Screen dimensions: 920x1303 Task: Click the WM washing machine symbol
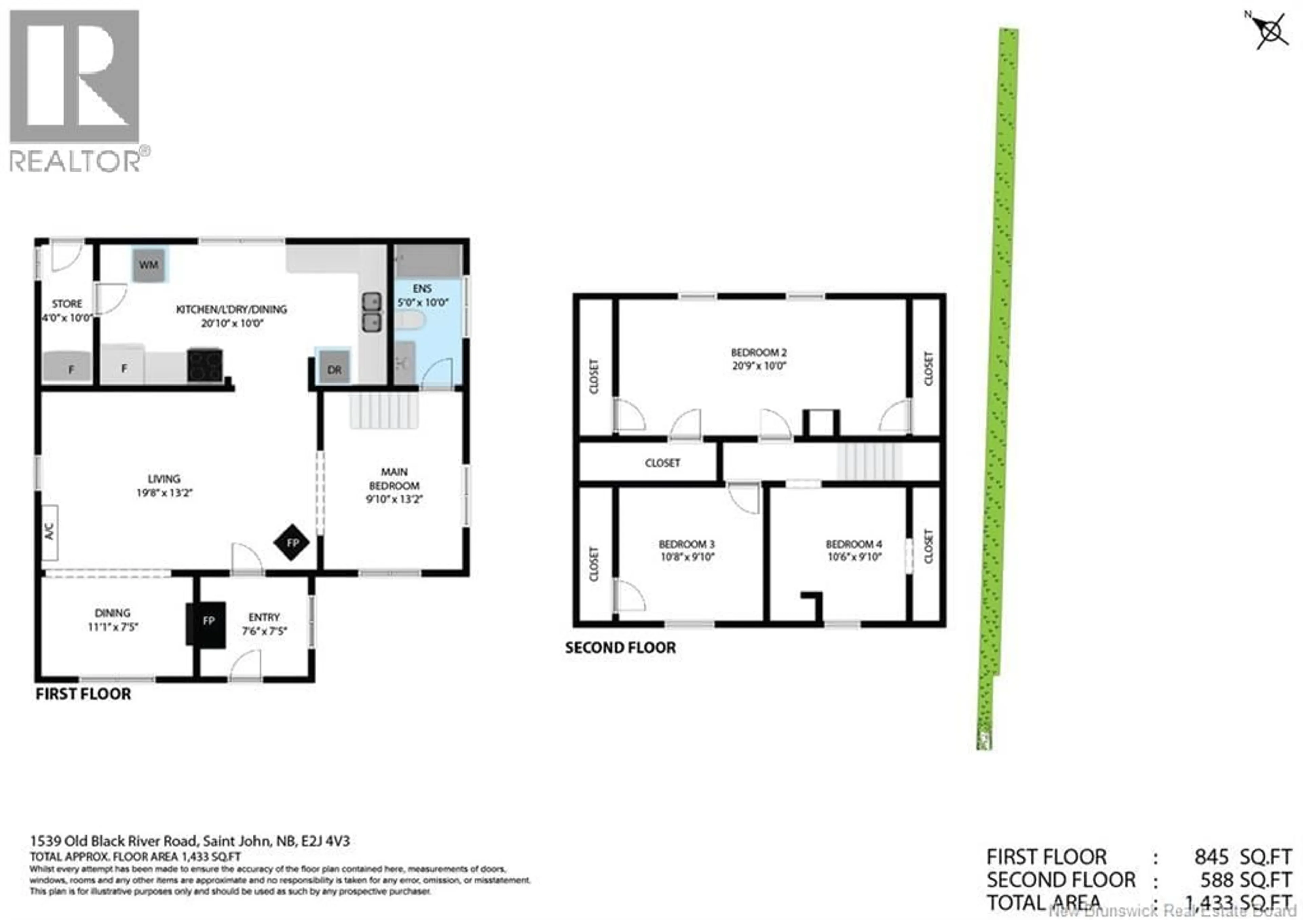pyautogui.click(x=149, y=265)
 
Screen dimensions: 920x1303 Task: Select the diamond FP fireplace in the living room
pyautogui.click(x=292, y=543)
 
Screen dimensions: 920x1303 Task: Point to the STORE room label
pyautogui.click(x=67, y=304)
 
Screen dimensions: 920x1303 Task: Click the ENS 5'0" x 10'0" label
pyautogui.click(x=422, y=296)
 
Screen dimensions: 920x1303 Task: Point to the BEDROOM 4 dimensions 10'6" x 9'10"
pyautogui.click(x=854, y=557)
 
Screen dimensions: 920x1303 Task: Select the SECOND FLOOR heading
pyautogui.click(x=620, y=647)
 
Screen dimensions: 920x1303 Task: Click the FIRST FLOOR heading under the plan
pyautogui.click(x=83, y=694)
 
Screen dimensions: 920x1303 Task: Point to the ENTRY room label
pyautogui.click(x=264, y=617)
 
